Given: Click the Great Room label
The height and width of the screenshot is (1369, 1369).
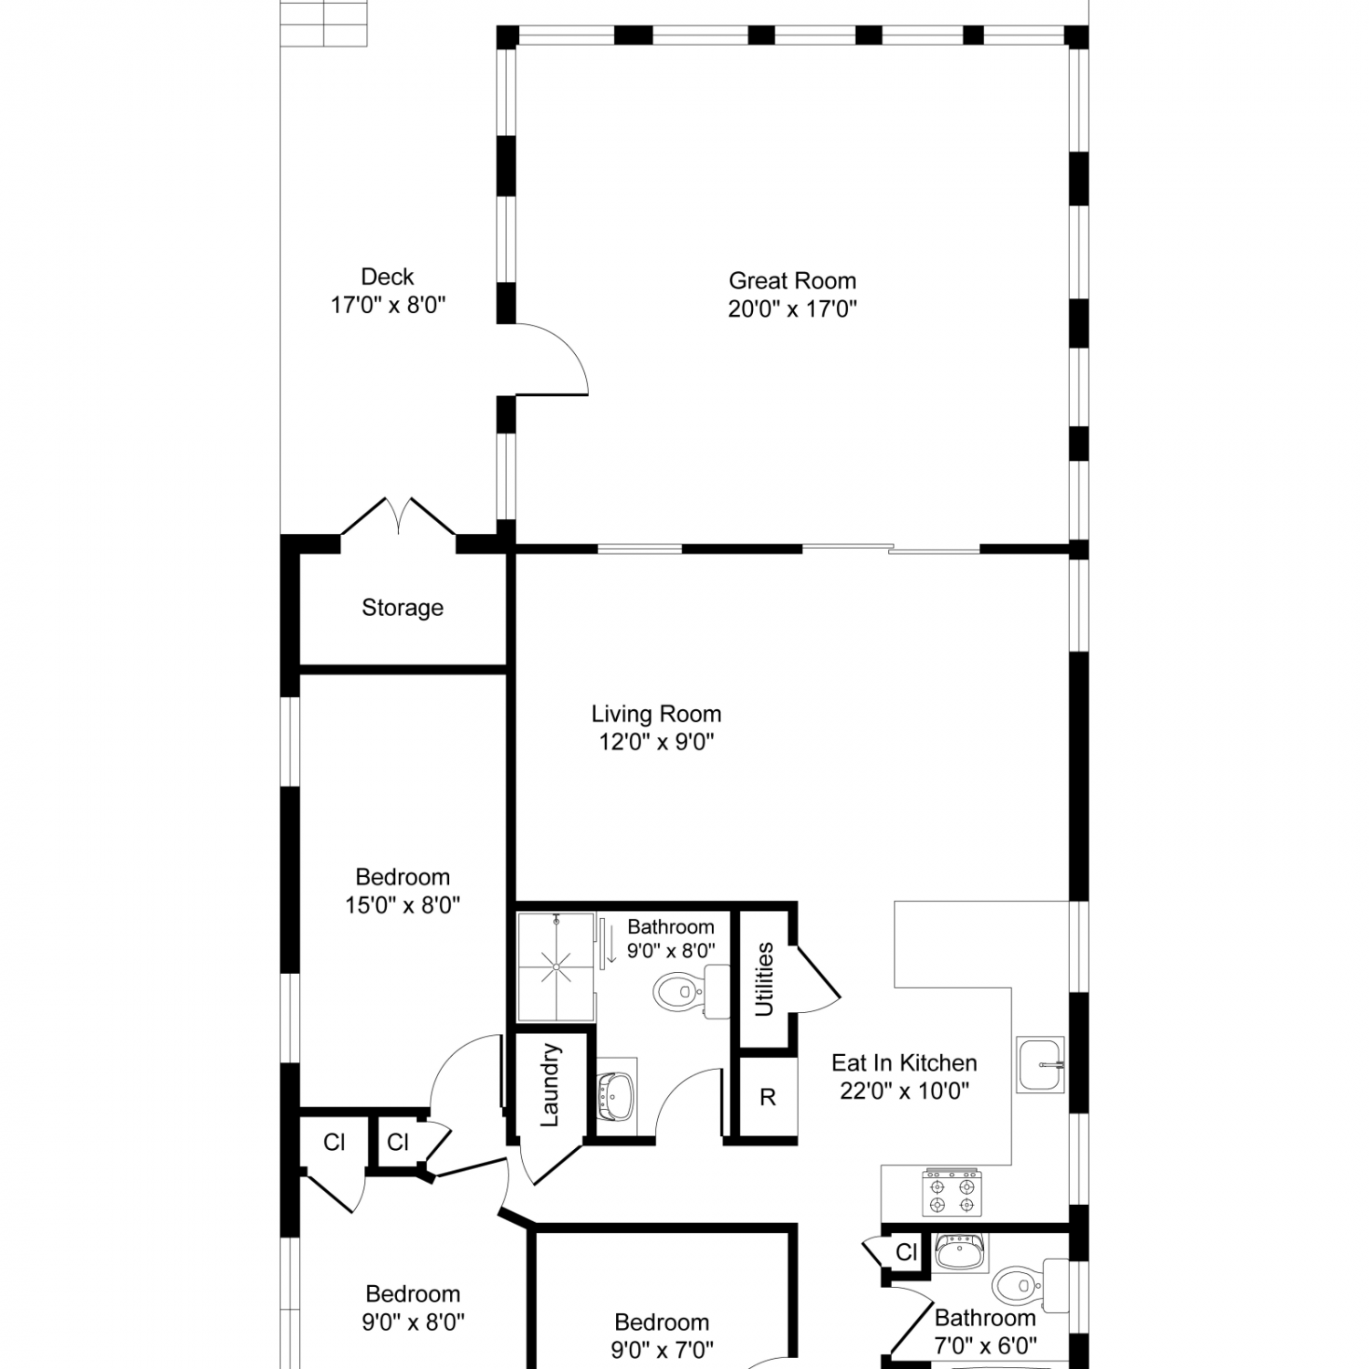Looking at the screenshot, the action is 792,280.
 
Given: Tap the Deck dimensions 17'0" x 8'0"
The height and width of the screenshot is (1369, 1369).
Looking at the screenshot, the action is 388,305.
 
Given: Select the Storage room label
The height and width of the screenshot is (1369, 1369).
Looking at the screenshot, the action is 402,608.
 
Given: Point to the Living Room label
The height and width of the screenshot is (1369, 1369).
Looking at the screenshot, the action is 656,714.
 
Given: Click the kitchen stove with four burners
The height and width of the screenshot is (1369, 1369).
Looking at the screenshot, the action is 952,1193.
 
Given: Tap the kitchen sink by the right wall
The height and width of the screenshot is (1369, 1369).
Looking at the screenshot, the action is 1041,1064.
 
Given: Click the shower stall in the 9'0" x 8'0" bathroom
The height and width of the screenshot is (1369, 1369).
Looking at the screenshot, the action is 556,967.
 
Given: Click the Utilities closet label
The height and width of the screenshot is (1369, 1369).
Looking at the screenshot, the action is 764,979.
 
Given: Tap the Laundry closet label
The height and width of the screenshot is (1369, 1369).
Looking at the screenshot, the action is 549,1085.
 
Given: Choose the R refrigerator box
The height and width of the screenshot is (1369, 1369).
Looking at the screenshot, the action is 768,1097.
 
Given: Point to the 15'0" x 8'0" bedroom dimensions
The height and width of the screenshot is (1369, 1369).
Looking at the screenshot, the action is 402,905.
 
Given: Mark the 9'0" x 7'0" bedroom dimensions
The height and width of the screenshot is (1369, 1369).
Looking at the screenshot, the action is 663,1349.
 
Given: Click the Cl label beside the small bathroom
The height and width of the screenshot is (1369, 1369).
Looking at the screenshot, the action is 906,1252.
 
